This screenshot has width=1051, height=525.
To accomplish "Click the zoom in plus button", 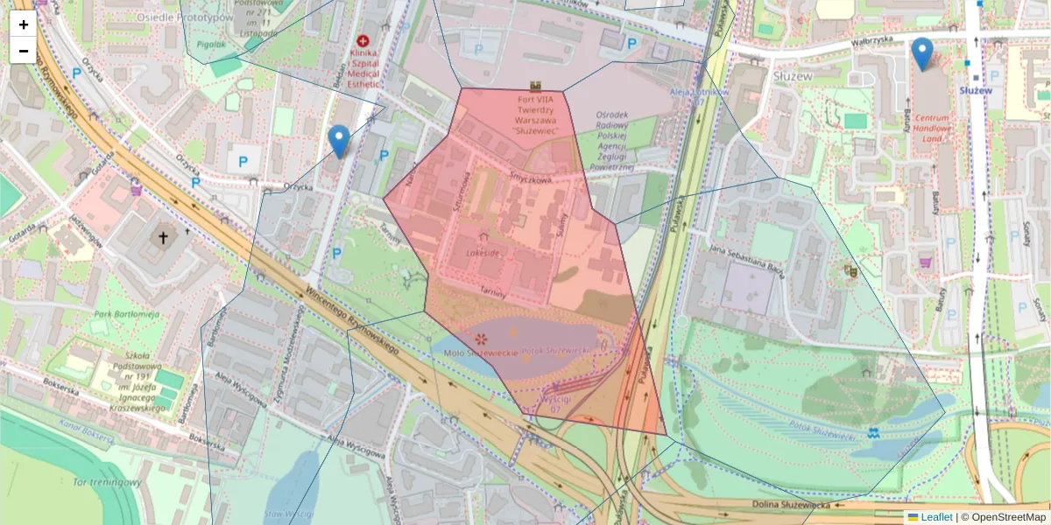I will pos(23,24).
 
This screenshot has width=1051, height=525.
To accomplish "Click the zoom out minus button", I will pos(23,51).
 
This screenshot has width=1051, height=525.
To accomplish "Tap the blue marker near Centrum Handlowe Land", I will pos(921,53).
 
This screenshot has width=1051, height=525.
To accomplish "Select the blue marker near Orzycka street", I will pos(339,141).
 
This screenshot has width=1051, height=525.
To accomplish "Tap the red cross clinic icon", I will pos(363,41).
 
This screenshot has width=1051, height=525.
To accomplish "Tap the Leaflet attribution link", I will pos(935,517).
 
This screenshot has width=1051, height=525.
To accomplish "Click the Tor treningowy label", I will pos(108,482).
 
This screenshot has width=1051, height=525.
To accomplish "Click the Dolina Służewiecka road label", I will pos(794,505).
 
